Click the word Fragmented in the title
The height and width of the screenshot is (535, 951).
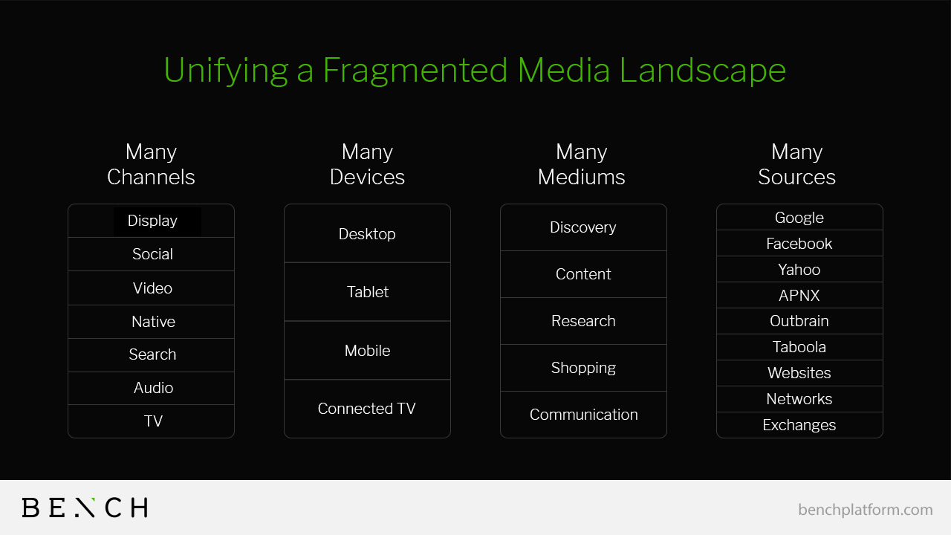pos(415,71)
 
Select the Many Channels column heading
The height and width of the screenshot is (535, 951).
pos(151,165)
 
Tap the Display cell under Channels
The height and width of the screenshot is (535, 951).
pos(151,221)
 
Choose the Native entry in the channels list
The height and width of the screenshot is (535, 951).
pos(151,322)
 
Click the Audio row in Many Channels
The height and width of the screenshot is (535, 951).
pos(151,388)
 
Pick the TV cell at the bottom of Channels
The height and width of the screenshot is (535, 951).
pos(151,421)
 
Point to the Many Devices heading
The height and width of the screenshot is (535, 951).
pos(367,165)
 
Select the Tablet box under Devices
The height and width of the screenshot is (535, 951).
pos(367,292)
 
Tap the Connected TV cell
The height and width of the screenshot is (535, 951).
pos(367,409)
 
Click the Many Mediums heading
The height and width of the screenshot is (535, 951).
pos(582,165)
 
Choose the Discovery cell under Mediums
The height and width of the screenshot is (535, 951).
pos(583,227)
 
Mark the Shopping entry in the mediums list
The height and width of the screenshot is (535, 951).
pos(583,368)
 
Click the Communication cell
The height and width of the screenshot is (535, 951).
pos(583,415)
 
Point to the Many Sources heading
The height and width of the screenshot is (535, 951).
pos(797,165)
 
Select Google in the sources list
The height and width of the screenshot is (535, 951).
pos(799,218)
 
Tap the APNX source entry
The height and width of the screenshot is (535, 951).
pos(799,296)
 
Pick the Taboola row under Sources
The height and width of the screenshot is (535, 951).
pos(799,347)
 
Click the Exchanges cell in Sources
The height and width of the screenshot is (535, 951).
pos(799,425)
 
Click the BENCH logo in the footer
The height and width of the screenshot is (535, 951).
pos(85,508)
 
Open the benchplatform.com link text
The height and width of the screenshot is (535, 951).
pos(866,510)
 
